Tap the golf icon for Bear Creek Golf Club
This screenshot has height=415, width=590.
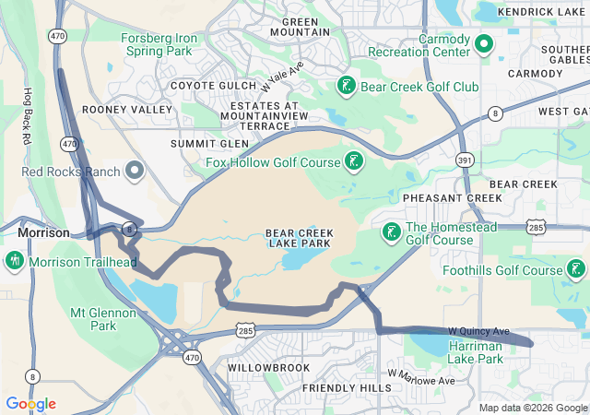point(347,87)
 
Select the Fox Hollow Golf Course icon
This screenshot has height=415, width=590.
point(353,163)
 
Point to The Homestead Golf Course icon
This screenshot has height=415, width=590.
point(391,232)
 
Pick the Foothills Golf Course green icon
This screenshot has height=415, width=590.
point(576,270)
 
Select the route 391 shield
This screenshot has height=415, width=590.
point(465,160)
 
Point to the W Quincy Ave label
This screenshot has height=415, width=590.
point(478,331)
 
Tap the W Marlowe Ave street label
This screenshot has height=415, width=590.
point(421,378)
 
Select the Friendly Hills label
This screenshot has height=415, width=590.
point(347,388)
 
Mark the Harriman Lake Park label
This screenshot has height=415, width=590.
point(475,351)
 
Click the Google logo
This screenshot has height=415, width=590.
point(30,403)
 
